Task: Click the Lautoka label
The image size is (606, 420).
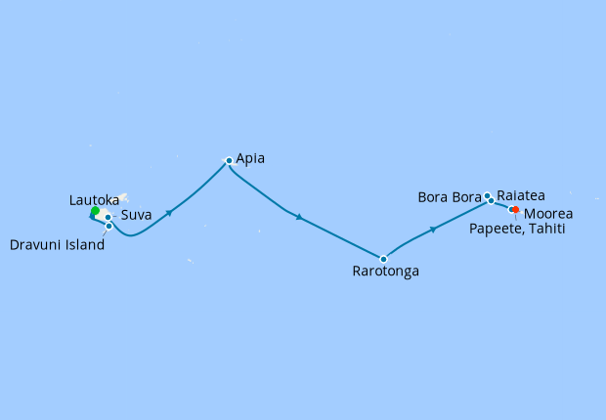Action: pyautogui.click(x=95, y=199)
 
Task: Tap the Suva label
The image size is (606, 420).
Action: pyautogui.click(x=137, y=216)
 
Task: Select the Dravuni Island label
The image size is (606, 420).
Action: pyautogui.click(x=57, y=246)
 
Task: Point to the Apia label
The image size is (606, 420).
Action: pyautogui.click(x=250, y=157)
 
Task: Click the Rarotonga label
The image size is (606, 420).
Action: pyautogui.click(x=386, y=272)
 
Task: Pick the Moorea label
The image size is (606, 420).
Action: pyautogui.click(x=548, y=213)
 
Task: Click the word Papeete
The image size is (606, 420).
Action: pyautogui.click(x=499, y=230)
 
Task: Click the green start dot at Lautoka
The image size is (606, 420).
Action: pyautogui.click(x=95, y=211)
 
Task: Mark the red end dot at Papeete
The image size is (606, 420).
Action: pyautogui.click(x=515, y=209)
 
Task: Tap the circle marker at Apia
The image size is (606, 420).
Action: pyautogui.click(x=229, y=160)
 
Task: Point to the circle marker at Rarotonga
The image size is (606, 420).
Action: pyautogui.click(x=383, y=259)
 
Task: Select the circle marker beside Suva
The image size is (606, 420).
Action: pyautogui.click(x=108, y=217)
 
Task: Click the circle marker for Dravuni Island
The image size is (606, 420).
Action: pyautogui.click(x=109, y=227)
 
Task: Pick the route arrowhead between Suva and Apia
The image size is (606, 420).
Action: pyautogui.click(x=171, y=212)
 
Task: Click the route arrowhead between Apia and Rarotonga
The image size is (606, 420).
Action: pyautogui.click(x=297, y=216)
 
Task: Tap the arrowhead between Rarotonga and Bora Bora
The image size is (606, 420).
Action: pyautogui.click(x=432, y=231)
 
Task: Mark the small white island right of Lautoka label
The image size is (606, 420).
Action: pyautogui.click(x=124, y=197)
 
